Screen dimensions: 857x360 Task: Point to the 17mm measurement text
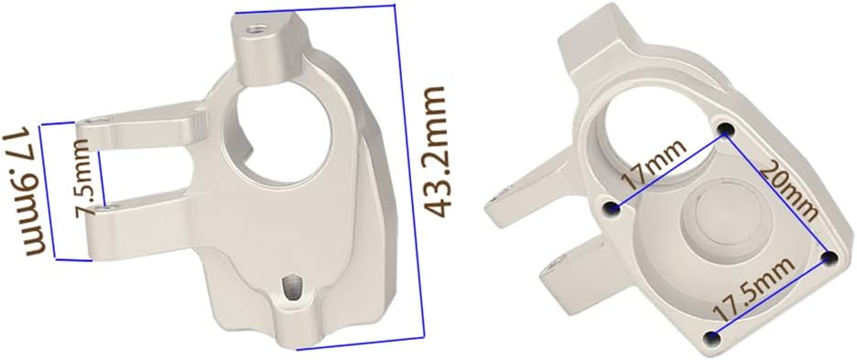point(655,165)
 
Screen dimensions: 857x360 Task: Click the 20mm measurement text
point(789,191)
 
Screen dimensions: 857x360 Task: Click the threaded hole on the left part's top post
point(255,29)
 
